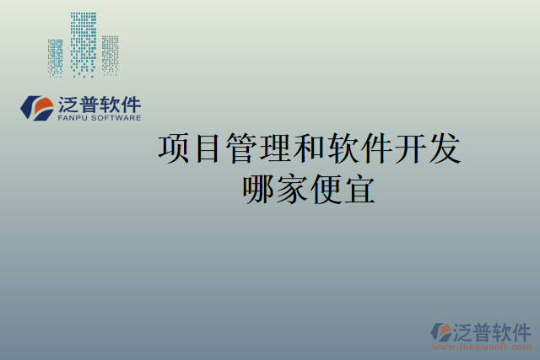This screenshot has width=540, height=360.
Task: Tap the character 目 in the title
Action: (x=209, y=148)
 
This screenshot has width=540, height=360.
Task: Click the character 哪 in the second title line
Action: (x=259, y=189)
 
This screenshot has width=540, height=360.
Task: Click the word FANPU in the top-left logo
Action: (x=75, y=119)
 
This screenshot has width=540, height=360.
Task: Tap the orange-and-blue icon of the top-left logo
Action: (x=36, y=108)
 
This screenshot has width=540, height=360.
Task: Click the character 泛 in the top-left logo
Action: (x=68, y=105)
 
